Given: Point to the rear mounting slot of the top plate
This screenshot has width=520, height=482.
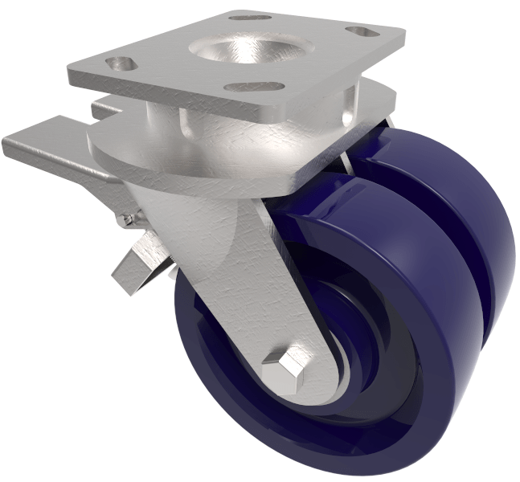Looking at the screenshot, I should (250, 17).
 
